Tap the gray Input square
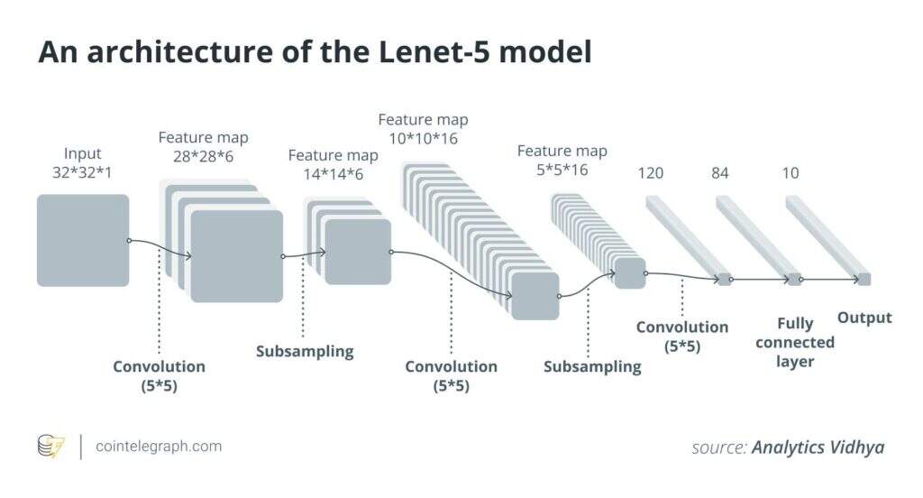pyautogui.click(x=83, y=240)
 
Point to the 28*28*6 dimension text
pyautogui.click(x=204, y=156)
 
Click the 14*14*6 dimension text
pyautogui.click(x=334, y=174)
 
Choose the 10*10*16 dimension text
pyautogui.click(x=423, y=138)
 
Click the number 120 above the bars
pyautogui.click(x=650, y=172)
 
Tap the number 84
pyautogui.click(x=719, y=172)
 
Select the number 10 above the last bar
pyautogui.click(x=790, y=172)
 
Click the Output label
pyautogui.click(x=864, y=318)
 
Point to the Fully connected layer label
pyautogui.click(x=795, y=342)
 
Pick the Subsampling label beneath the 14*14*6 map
pyautogui.click(x=305, y=351)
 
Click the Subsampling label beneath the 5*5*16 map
pyautogui.click(x=592, y=366)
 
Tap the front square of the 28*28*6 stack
pyautogui.click(x=237, y=256)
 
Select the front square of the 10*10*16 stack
pyautogui.click(x=535, y=296)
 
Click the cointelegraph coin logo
pyautogui.click(x=50, y=447)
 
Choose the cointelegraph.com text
pyautogui.click(x=158, y=447)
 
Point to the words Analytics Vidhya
pyautogui.click(x=818, y=447)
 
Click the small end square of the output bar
pyautogui.click(x=864, y=280)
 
